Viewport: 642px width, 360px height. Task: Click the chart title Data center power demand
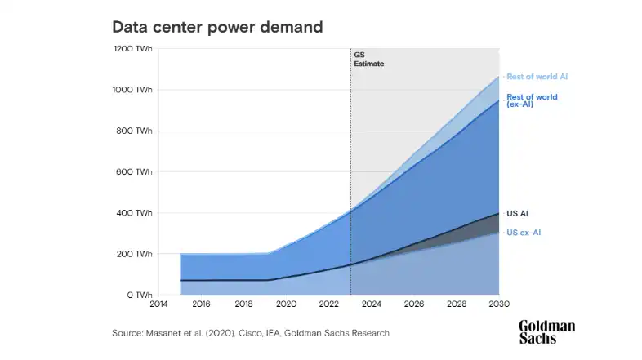pyautogui.click(x=218, y=27)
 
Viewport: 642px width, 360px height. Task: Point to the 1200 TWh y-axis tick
pyautogui.click(x=132, y=49)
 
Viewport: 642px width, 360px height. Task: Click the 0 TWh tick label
pyautogui.click(x=139, y=295)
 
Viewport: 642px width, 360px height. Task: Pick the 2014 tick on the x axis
pyautogui.click(x=158, y=304)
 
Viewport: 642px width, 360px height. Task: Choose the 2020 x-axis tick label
pyautogui.click(x=286, y=304)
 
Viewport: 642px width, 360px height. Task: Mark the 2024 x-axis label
pyautogui.click(x=372, y=304)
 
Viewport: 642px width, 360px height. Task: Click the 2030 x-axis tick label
pyautogui.click(x=498, y=304)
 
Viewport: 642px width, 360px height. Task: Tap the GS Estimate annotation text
pyautogui.click(x=368, y=59)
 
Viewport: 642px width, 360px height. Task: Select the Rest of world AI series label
pyautogui.click(x=537, y=77)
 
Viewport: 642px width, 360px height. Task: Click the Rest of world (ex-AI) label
pyautogui.click(x=532, y=100)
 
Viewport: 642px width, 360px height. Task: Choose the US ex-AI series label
pyautogui.click(x=524, y=233)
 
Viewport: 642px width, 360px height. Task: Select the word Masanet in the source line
pyautogui.click(x=164, y=333)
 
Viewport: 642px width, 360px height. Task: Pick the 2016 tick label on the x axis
pyautogui.click(x=201, y=304)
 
